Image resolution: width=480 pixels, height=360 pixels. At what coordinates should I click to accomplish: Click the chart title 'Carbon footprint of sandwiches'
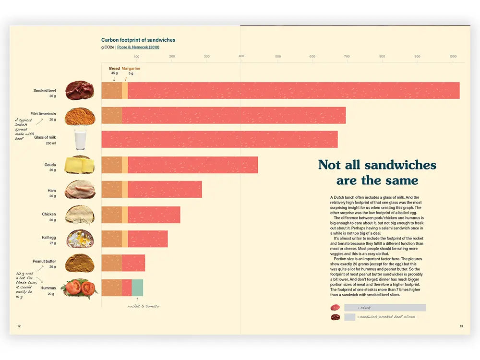[138, 40]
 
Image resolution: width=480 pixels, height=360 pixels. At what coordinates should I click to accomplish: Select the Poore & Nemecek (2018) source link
[138, 48]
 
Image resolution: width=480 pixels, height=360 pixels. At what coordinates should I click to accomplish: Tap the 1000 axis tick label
[453, 57]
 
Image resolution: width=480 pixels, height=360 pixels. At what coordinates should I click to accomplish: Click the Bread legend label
[114, 69]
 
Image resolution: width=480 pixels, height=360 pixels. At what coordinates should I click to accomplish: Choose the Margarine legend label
[131, 69]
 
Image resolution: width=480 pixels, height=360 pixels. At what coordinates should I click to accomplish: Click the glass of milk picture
[80, 140]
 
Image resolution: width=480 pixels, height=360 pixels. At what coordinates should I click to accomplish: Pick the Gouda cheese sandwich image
[80, 165]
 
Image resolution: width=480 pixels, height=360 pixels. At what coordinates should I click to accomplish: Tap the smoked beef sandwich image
[80, 91]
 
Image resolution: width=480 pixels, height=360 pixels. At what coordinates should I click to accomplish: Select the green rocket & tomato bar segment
[137, 288]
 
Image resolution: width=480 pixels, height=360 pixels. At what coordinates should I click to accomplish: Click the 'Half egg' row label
[48, 238]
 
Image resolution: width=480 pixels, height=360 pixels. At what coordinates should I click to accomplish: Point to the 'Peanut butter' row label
[44, 262]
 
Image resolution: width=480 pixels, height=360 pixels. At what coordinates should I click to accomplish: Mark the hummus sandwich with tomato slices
[80, 288]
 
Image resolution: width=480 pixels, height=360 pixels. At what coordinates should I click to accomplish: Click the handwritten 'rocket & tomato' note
[144, 306]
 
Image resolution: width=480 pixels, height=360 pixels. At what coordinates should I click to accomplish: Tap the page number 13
[461, 326]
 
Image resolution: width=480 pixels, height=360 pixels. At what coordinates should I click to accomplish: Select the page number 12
[19, 326]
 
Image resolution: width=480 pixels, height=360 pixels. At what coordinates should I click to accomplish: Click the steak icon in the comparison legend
[335, 308]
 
